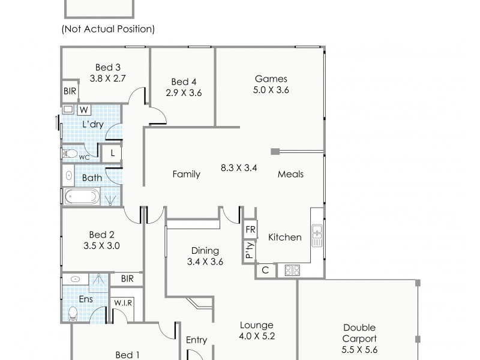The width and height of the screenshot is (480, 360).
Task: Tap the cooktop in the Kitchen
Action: coord(292,270)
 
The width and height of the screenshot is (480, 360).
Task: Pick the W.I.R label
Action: coord(124,303)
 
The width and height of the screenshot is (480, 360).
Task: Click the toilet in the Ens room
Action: coord(73,313)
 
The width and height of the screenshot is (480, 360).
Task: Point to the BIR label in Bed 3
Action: coord(70,92)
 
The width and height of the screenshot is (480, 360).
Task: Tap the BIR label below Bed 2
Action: coord(127,279)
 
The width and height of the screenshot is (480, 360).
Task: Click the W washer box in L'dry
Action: coord(83,110)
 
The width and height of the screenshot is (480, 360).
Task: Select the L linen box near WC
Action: coord(113,153)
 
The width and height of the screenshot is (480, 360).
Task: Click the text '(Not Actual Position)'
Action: coord(108,29)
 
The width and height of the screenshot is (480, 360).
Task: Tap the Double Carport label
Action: coord(359,333)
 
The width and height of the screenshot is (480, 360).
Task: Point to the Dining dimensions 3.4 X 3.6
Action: coord(205,262)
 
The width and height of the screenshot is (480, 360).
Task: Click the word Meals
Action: coord(290,174)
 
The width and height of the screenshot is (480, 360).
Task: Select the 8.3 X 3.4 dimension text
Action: coord(239,168)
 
